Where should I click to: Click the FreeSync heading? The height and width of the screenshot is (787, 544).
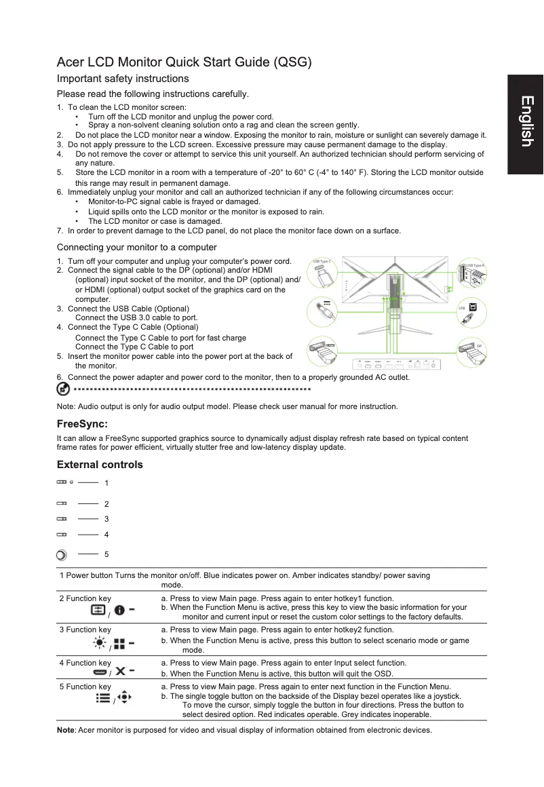coord(82,424)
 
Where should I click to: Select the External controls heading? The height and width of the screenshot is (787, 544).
coord(100,465)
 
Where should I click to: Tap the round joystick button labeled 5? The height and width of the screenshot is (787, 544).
coord(61,555)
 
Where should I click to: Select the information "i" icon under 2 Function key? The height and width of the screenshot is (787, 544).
coord(119,611)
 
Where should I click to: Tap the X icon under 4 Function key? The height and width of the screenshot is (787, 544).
coord(120,672)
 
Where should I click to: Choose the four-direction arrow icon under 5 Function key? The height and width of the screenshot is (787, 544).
coord(123,697)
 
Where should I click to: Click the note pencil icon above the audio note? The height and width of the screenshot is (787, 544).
coord(62,389)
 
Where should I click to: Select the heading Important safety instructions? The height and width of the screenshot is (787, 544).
coord(123,79)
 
